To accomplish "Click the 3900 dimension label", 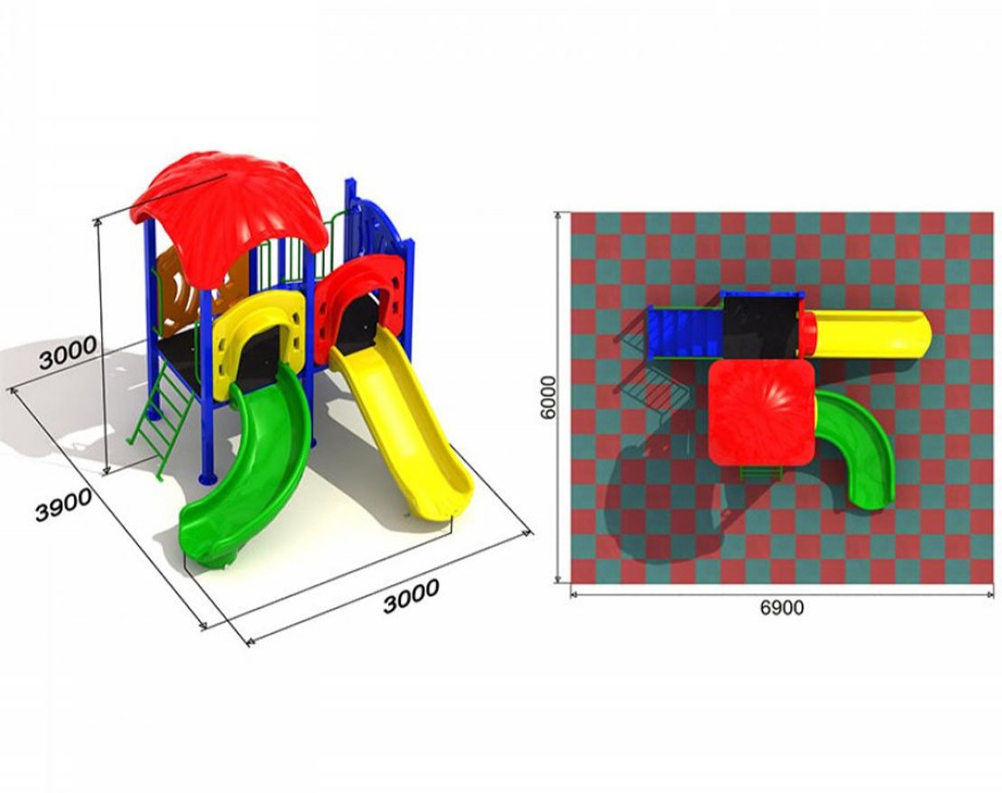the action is tap(63, 505).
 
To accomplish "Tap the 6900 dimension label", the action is tap(782, 607).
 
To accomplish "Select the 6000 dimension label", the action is tap(548, 397).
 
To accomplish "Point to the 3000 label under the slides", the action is tap(411, 595).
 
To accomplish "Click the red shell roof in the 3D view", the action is tap(230, 211).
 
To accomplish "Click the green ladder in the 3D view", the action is tap(163, 421).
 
